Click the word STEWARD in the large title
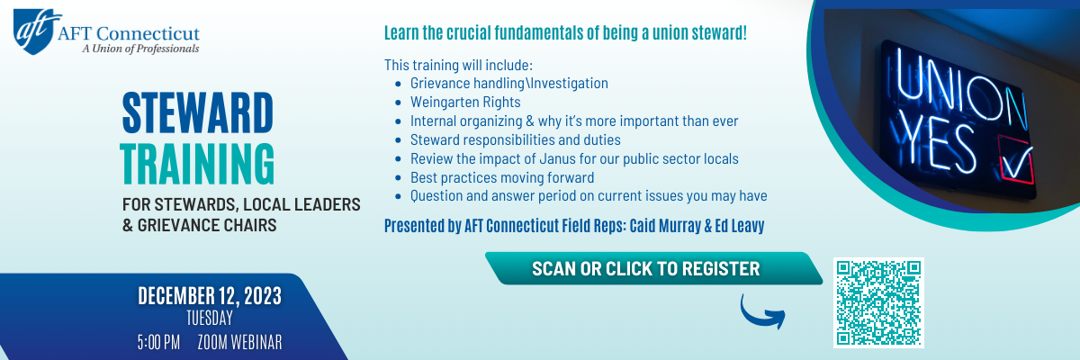click(x=198, y=112)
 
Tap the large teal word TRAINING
click(x=197, y=164)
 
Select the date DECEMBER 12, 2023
click(x=210, y=295)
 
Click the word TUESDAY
click(x=210, y=318)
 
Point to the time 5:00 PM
click(x=158, y=342)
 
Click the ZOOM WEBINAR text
click(x=239, y=342)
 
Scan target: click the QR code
click(x=878, y=302)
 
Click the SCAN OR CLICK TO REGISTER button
click(x=653, y=268)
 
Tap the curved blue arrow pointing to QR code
click(x=761, y=314)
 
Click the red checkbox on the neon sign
click(x=1016, y=160)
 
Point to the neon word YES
click(x=938, y=146)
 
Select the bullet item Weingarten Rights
click(x=465, y=103)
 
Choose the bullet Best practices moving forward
click(x=502, y=177)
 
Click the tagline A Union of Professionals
click(x=140, y=49)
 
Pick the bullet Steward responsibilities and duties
click(x=516, y=139)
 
